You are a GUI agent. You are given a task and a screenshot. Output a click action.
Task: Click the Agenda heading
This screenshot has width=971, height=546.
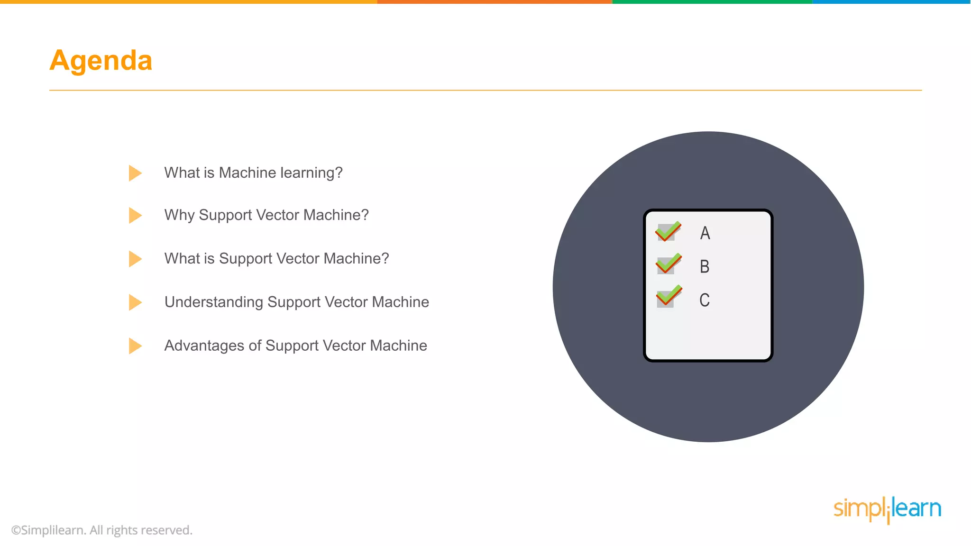101,61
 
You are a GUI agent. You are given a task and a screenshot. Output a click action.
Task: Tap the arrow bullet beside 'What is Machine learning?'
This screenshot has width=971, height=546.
135,173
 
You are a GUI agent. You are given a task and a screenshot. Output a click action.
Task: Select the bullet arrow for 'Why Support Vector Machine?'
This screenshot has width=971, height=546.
135,215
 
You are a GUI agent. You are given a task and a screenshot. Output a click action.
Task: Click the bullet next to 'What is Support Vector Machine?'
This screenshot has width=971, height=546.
135,259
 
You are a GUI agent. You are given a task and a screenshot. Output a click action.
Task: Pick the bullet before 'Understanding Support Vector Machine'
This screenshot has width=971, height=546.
135,302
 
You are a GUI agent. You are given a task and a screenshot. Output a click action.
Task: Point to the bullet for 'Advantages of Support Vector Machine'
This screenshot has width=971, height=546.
135,346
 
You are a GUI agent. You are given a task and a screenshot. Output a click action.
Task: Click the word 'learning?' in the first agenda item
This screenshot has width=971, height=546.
311,173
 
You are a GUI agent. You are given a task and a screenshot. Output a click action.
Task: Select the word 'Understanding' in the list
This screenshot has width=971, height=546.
213,302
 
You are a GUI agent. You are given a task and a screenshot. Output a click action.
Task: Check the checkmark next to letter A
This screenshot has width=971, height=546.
668,231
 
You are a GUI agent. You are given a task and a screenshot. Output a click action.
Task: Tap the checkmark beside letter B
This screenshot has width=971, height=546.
668,264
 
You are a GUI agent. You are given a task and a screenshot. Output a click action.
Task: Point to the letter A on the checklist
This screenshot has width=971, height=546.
705,233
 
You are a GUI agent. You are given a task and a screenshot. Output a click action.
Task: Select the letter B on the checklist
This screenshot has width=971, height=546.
705,266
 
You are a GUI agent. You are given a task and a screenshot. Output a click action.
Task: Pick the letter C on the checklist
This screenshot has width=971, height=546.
705,300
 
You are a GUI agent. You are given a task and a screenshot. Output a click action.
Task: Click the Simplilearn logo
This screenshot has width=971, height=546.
887,509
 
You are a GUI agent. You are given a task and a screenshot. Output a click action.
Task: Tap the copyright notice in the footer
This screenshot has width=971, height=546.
102,530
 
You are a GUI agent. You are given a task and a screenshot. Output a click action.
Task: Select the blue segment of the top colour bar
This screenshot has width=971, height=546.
891,2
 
